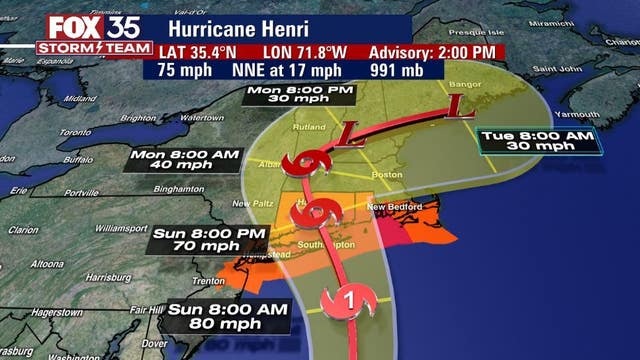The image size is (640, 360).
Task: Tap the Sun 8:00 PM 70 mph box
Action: [210, 239]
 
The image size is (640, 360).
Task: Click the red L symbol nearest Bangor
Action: [454, 104]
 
